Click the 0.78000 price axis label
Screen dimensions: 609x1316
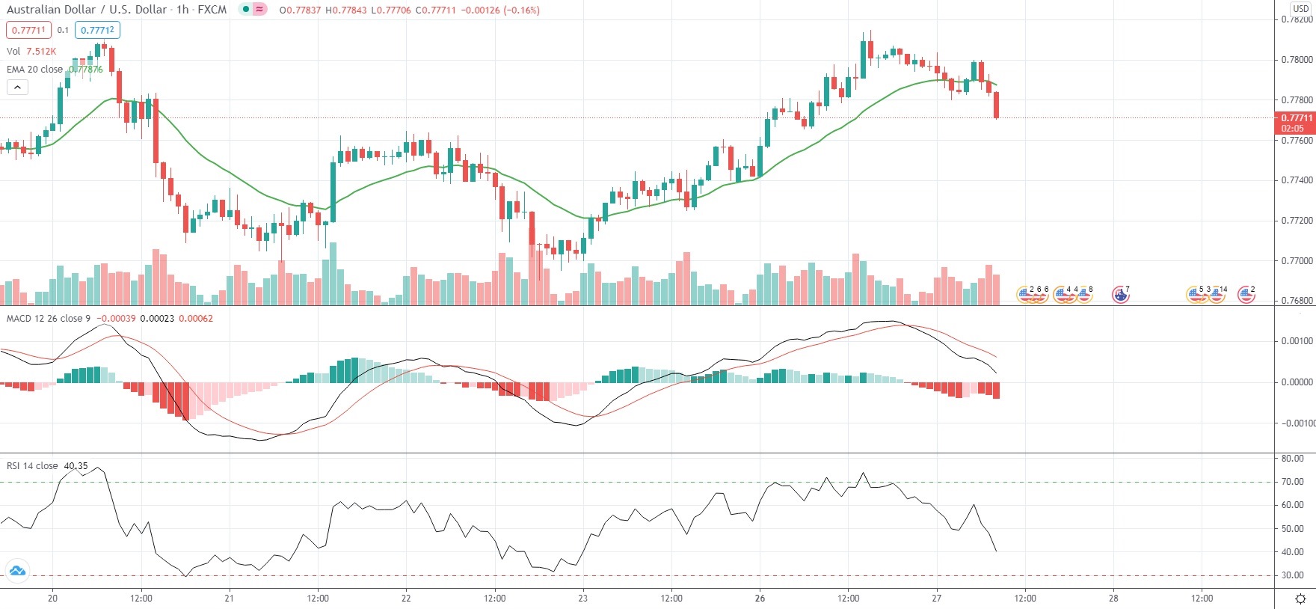pyautogui.click(x=1297, y=60)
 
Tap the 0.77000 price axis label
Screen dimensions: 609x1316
pyautogui.click(x=1297, y=261)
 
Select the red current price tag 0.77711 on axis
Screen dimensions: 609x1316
pyautogui.click(x=1297, y=118)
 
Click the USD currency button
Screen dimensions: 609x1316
pyautogui.click(x=1301, y=9)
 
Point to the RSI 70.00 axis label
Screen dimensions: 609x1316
pyautogui.click(x=1292, y=482)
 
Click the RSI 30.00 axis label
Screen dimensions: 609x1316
pyautogui.click(x=1292, y=575)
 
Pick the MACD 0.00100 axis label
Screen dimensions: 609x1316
pyautogui.click(x=1297, y=341)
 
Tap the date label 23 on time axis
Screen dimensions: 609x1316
pyautogui.click(x=583, y=598)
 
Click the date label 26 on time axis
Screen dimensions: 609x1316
pyautogui.click(x=760, y=598)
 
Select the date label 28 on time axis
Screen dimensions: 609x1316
pyautogui.click(x=1113, y=598)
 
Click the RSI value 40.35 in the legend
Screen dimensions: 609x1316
pyautogui.click(x=76, y=466)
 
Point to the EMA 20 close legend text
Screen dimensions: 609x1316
pyautogui.click(x=34, y=70)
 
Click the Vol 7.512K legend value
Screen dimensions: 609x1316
pyautogui.click(x=41, y=52)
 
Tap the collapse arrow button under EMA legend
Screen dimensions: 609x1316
pyautogui.click(x=17, y=88)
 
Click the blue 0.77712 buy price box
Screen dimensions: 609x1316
pyautogui.click(x=98, y=30)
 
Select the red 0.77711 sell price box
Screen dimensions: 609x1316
pyautogui.click(x=28, y=30)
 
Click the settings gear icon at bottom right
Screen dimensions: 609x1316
pyautogui.click(x=1300, y=599)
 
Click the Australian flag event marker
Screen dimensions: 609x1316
pyautogui.click(x=1120, y=295)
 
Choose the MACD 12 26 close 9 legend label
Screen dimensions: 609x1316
pyautogui.click(x=49, y=319)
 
